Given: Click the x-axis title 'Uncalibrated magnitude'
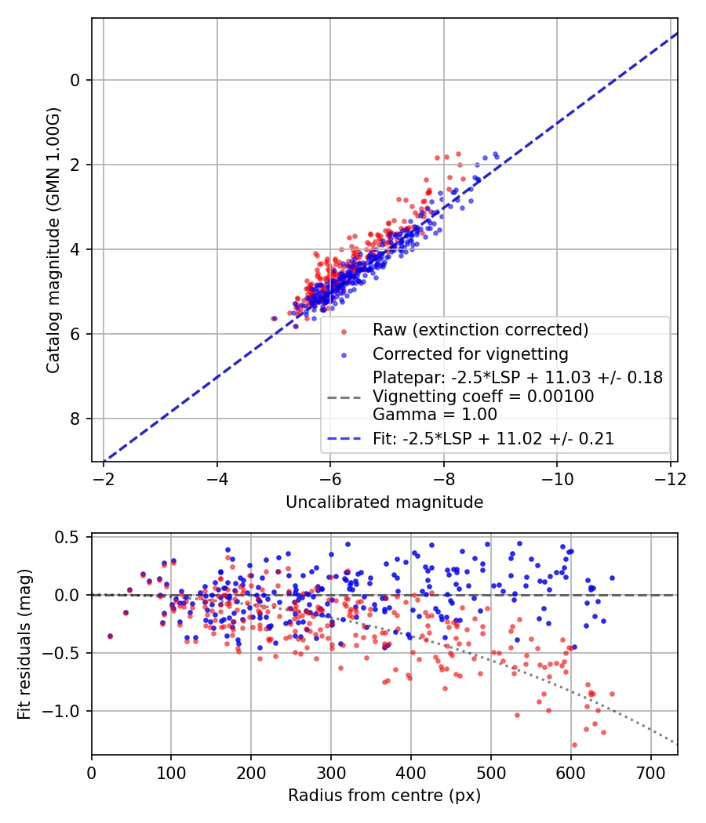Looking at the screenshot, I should [384, 502].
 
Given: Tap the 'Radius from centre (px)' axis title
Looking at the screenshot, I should [384, 796].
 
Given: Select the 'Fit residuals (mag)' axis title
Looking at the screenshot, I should [24, 644].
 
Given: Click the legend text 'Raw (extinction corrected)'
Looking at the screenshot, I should [480, 328].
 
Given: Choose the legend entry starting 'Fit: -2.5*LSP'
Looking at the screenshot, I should [493, 439].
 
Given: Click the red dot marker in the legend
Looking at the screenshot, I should [344, 329].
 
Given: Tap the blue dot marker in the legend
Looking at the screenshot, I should [344, 353].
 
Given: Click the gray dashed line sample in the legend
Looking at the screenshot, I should [344, 397].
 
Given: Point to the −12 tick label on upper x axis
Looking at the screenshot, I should [670, 479].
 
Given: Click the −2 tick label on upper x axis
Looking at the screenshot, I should [103, 479].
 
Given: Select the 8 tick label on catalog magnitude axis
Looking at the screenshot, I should [75, 419].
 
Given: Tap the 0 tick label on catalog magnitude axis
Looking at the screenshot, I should [75, 80].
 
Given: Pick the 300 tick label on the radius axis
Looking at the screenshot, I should [330, 771].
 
